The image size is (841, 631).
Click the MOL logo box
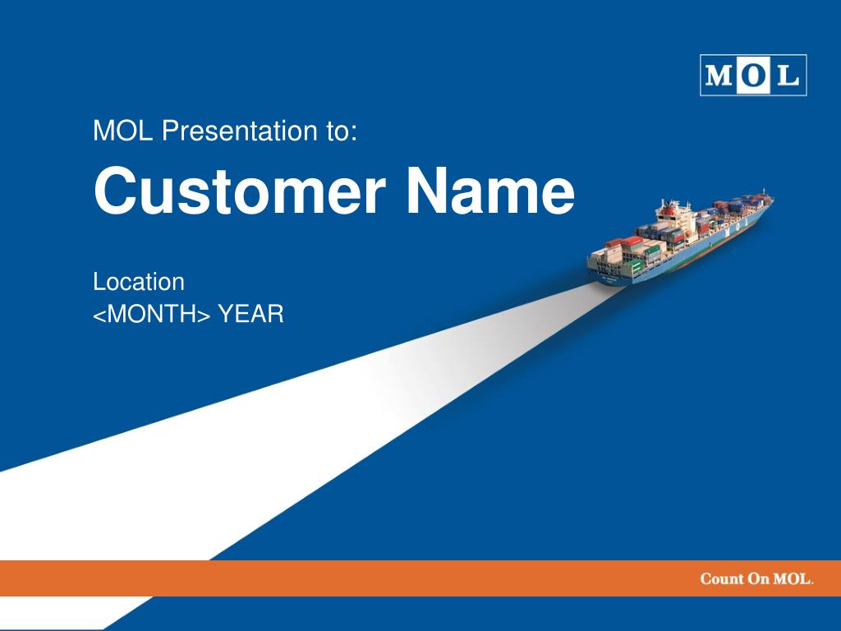click(x=753, y=75)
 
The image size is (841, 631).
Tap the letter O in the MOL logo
click(x=754, y=76)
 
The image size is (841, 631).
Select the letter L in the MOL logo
click(x=787, y=76)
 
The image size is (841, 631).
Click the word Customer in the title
click(x=239, y=191)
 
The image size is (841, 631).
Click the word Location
click(x=138, y=282)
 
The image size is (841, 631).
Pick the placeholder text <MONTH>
click(x=152, y=313)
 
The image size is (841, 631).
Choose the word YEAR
click(x=250, y=313)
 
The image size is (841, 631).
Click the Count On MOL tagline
click(x=756, y=578)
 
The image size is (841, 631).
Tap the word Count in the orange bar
click(x=721, y=578)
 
